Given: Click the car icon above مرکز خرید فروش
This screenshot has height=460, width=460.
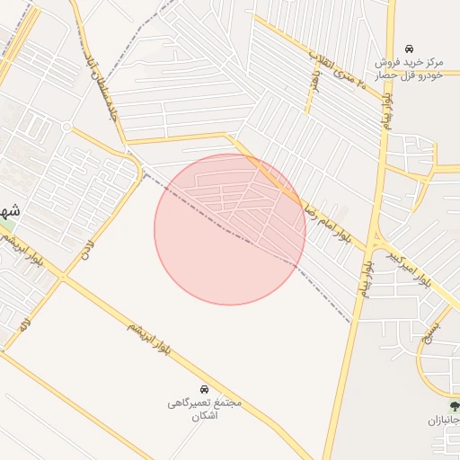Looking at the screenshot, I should (x=410, y=48).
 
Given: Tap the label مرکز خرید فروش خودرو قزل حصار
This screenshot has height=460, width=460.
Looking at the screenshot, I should (x=410, y=70).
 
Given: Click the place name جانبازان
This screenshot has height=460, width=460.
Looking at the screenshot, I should (x=442, y=420).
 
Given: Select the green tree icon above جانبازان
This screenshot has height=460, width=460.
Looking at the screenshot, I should (x=455, y=406).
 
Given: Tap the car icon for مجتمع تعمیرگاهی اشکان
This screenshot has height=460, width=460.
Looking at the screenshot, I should (x=206, y=389).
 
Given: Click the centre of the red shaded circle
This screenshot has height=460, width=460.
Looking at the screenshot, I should (x=230, y=229).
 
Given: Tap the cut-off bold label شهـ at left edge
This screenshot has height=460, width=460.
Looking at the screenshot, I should (x=9, y=213).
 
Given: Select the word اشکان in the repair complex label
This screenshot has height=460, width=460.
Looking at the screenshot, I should (x=206, y=417).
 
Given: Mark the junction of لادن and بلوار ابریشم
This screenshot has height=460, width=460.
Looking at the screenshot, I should (x=65, y=278).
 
